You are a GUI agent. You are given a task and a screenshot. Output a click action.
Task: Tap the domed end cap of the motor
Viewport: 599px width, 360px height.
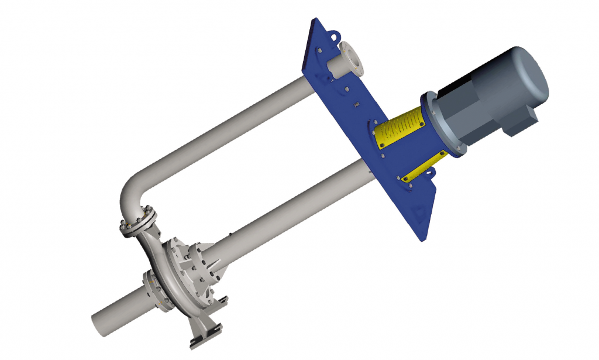pos(535,73)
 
